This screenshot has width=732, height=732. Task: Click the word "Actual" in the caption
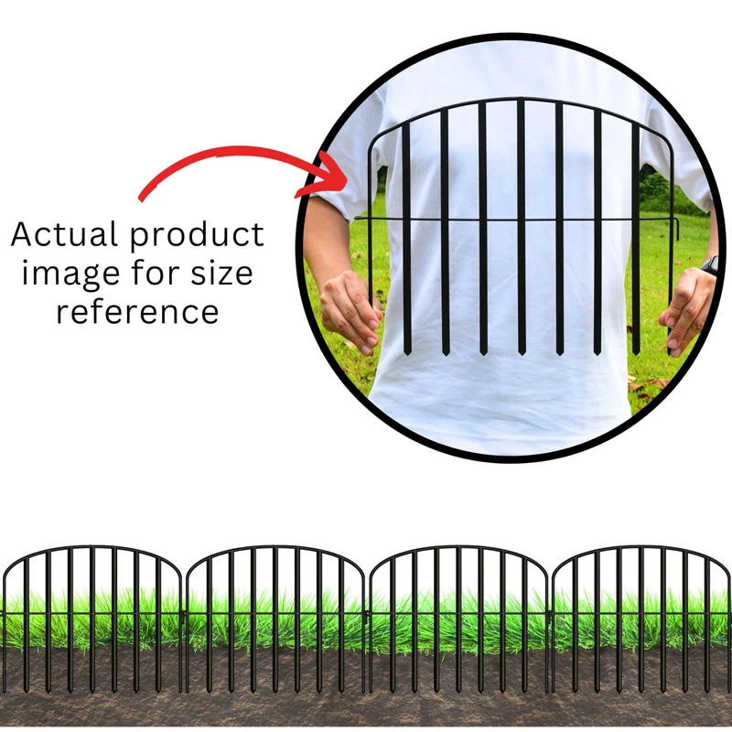pos(65,235)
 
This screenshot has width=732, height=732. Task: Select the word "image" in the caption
pos(69,273)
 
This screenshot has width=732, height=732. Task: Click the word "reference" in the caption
pos(137,311)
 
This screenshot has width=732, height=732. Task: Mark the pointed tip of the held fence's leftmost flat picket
pos(407,352)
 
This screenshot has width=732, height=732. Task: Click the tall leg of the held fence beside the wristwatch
pos(673,274)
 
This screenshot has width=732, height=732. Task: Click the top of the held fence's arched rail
pos(522,98)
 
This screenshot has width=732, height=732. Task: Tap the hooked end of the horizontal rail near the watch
pos(678,225)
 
